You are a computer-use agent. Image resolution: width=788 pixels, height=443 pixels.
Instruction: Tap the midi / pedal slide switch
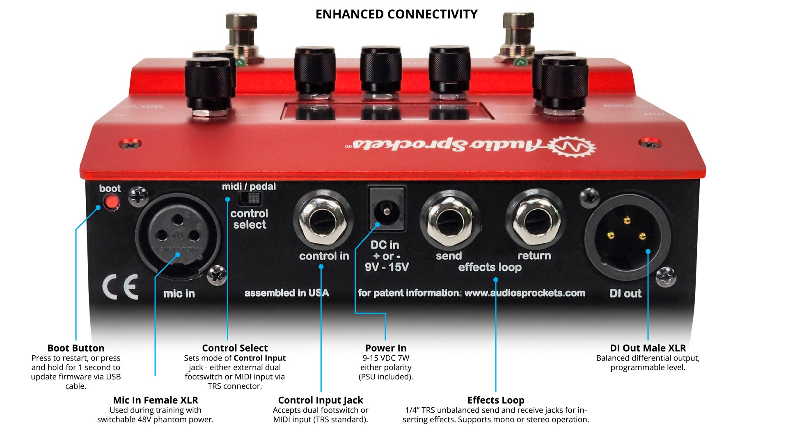[250, 199]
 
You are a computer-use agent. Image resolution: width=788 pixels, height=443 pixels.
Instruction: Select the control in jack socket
[323, 222]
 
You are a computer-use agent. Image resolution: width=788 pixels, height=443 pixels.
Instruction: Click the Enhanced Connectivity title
[396, 14]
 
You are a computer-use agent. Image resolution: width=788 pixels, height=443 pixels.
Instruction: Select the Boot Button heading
[76, 348]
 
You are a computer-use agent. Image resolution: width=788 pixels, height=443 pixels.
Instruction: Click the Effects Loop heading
[496, 400]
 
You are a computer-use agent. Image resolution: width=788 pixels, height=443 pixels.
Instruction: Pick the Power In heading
[386, 348]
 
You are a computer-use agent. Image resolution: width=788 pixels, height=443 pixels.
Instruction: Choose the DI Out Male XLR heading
[648, 348]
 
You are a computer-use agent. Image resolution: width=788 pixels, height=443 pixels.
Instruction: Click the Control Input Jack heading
[321, 400]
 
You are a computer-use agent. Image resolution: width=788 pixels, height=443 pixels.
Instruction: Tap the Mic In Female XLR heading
[156, 400]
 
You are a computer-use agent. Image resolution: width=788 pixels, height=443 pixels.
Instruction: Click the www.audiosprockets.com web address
[525, 293]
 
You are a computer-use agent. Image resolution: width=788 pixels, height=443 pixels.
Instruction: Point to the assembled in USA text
[286, 293]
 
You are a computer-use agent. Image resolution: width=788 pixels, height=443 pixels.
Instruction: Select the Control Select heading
[235, 348]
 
